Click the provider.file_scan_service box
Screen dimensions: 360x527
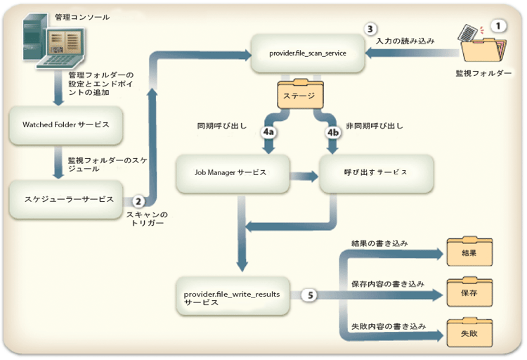tap(307, 53)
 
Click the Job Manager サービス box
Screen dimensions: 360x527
tap(231, 172)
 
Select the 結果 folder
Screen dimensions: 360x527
tap(469, 251)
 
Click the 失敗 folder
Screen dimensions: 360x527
tap(469, 332)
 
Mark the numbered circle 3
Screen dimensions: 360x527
tap(371, 30)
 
